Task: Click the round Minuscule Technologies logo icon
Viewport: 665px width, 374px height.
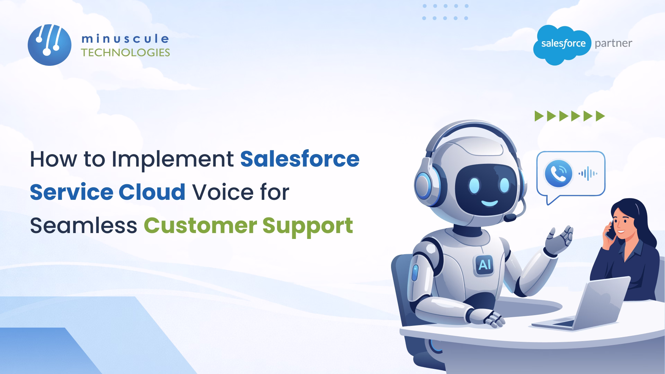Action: [50, 45]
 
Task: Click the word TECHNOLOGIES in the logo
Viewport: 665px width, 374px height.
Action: [125, 52]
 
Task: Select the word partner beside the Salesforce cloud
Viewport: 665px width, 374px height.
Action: [613, 43]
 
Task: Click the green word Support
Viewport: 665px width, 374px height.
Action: [308, 226]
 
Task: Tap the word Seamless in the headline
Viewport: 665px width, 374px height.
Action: [83, 225]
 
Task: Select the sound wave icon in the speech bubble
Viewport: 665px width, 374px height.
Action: [588, 173]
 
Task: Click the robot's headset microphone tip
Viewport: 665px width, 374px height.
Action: [510, 218]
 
